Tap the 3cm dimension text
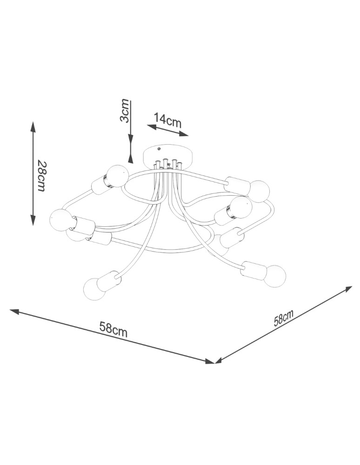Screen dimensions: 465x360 (x=125, y=111)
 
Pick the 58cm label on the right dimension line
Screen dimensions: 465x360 (x=284, y=319)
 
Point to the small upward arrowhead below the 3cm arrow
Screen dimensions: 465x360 (x=131, y=159)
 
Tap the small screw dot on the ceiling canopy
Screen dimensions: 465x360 (x=159, y=149)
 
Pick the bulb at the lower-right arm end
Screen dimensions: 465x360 (x=273, y=274)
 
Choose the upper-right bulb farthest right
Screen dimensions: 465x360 (x=259, y=190)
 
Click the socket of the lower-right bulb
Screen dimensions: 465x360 (x=252, y=269)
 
